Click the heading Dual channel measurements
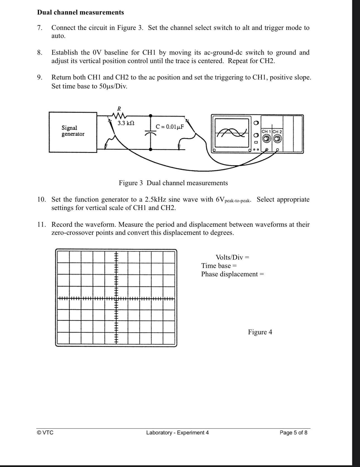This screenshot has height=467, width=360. click(80, 12)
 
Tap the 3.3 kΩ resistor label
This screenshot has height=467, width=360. click(126, 123)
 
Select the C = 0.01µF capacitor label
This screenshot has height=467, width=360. click(170, 127)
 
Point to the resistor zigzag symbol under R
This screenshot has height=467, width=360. click(119, 115)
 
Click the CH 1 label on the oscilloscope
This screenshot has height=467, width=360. click(267, 131)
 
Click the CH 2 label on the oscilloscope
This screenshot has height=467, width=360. click(277, 131)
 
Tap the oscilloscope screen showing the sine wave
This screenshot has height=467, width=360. click(231, 132)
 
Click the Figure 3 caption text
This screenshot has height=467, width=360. click(173, 183)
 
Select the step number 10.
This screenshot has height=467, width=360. click(41, 200)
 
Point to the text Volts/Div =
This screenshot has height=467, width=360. click(232, 257)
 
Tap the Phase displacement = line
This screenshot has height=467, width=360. click(232, 274)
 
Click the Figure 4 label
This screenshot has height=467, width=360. click(260, 332)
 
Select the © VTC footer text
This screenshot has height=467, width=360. click(45, 432)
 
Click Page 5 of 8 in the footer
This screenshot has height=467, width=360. click(293, 432)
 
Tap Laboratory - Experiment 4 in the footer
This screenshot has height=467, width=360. click(177, 432)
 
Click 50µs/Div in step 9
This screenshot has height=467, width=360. click(113, 86)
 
